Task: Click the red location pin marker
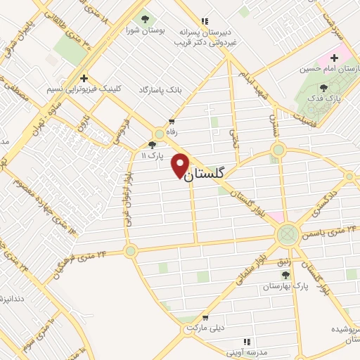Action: pyautogui.click(x=181, y=165)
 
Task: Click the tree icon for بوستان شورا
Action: pyautogui.click(x=146, y=20)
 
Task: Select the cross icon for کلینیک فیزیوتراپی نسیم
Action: pyautogui.click(x=84, y=78)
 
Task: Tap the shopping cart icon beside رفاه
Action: pyautogui.click(x=171, y=122)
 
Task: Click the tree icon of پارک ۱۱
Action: pyautogui.click(x=151, y=144)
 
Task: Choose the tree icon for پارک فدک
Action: pyautogui.click(x=323, y=88)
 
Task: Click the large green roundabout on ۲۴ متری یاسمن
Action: pyautogui.click(x=287, y=233)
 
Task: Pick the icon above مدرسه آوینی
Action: pyautogui.click(x=245, y=341)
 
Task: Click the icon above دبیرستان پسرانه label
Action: pyautogui.click(x=204, y=22)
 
